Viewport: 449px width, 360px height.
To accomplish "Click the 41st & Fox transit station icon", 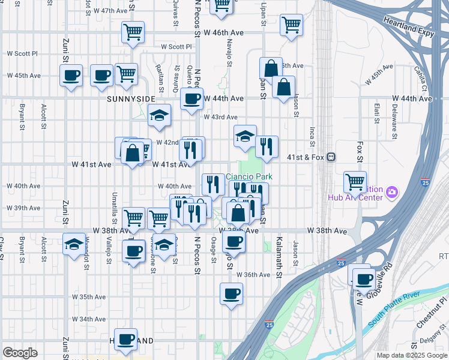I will [331, 157].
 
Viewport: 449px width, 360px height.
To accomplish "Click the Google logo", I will [20, 353].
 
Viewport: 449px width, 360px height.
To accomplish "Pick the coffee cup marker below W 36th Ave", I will [232, 294].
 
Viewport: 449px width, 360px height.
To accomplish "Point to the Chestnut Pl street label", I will [434, 307].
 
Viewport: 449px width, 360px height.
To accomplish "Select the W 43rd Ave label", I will [220, 118].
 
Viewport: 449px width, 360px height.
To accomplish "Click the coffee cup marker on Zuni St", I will [71, 76].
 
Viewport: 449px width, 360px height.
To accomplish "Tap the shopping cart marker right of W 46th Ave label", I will [291, 25].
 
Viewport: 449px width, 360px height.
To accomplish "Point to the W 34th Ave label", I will [89, 319].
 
